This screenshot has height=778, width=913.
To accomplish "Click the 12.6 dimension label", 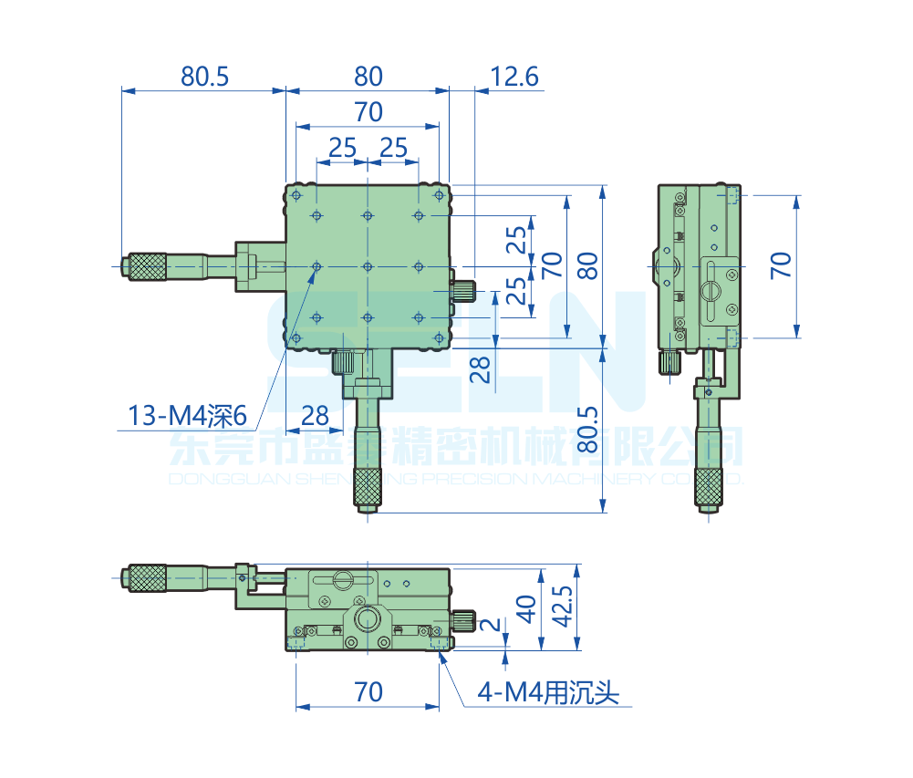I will point(514,77).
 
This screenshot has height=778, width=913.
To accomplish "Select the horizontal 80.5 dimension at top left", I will point(204,77).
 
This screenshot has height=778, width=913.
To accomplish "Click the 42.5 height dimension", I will point(562,607).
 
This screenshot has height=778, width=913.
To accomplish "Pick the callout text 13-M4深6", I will point(187,417).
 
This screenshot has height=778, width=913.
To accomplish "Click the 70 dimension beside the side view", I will point(781,265).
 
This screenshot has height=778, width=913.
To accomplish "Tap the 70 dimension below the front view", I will point(368,692).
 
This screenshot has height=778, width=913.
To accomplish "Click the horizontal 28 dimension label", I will point(315,416).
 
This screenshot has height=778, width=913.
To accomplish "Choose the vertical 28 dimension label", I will point(481,368).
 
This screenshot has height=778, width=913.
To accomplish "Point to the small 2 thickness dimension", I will point(491,626).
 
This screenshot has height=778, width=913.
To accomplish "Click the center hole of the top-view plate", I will point(367,266).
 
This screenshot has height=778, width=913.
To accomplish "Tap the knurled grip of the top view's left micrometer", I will point(147,266).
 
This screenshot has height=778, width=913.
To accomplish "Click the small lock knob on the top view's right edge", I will point(464,290).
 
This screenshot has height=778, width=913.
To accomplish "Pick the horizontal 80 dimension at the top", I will point(368,77).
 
